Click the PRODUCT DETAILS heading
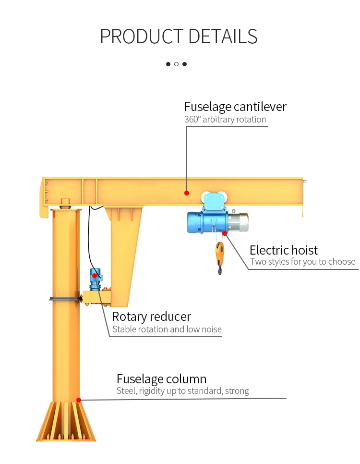pyautogui.click(x=179, y=37)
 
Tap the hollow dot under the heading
pyautogui.click(x=176, y=64)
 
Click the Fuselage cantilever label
pyautogui.click(x=236, y=107)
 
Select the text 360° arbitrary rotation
pyautogui.click(x=225, y=119)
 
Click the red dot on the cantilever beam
pyautogui.click(x=187, y=193)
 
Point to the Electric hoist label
pyautogui.click(x=284, y=250)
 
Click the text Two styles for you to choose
pyautogui.click(x=302, y=262)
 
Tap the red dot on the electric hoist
pyautogui.click(x=225, y=233)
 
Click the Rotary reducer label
pyautogui.click(x=152, y=317)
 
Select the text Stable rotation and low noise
pyautogui.click(x=167, y=329)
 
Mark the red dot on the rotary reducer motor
pyautogui.click(x=95, y=276)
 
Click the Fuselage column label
pyautogui.click(x=161, y=379)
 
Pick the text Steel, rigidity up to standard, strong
pyautogui.click(x=183, y=391)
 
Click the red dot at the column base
pyautogui.click(x=79, y=400)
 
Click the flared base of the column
pyautogui.click(x=66, y=421)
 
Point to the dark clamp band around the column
pyautogui.click(x=66, y=299)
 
